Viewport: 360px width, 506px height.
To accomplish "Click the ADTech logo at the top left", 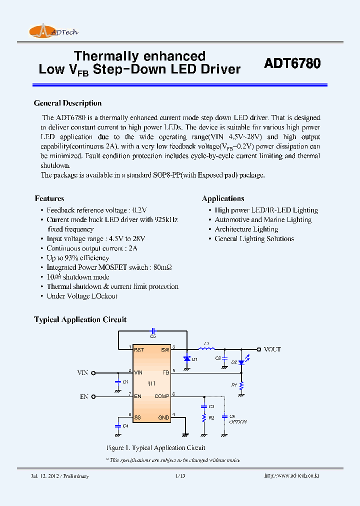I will (x=53, y=31).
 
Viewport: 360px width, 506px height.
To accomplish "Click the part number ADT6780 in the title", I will (x=292, y=64).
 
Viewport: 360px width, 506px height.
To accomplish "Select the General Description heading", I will (x=67, y=103).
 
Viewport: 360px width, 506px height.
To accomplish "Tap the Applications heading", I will (x=223, y=198).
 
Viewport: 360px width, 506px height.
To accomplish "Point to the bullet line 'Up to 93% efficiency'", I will (x=77, y=258).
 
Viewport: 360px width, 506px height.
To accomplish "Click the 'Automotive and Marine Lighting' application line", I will (x=263, y=219).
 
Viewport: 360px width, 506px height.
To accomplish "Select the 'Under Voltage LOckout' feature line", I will (x=82, y=296).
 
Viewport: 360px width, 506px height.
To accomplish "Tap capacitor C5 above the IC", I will (x=153, y=331).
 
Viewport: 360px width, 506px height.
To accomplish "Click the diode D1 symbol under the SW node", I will (x=186, y=358).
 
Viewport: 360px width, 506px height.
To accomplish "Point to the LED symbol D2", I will (x=241, y=362).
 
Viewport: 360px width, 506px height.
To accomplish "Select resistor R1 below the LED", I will (x=241, y=385).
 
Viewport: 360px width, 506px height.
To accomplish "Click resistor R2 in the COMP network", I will (x=204, y=417).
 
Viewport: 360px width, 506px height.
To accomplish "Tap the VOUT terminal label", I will (x=272, y=349).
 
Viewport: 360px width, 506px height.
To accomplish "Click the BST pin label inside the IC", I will (x=139, y=349).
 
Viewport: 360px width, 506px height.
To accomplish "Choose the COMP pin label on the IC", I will (x=162, y=396).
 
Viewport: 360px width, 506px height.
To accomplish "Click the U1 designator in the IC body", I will (x=151, y=383).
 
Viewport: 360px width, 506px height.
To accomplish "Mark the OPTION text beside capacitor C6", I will (x=238, y=422).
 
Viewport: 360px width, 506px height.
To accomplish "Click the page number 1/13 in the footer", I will (x=180, y=476).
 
